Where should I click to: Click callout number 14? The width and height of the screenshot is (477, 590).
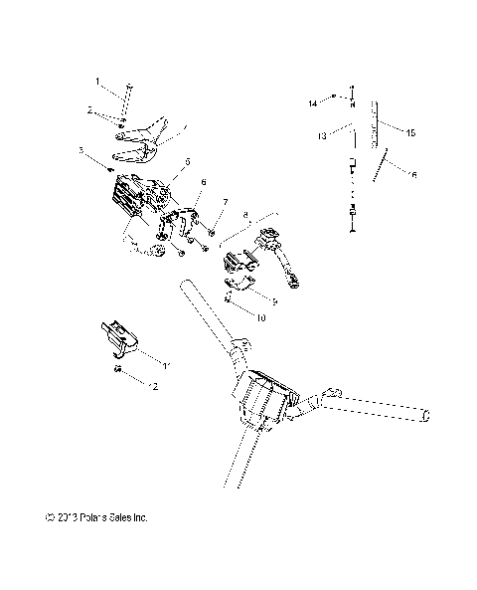(311, 102)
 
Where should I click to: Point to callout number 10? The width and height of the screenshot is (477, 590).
(260, 318)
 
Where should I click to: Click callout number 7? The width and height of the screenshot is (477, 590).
(225, 202)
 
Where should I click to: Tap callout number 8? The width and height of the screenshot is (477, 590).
(245, 215)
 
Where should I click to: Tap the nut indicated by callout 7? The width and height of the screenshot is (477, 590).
(212, 232)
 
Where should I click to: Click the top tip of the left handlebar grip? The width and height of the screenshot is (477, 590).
(186, 288)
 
